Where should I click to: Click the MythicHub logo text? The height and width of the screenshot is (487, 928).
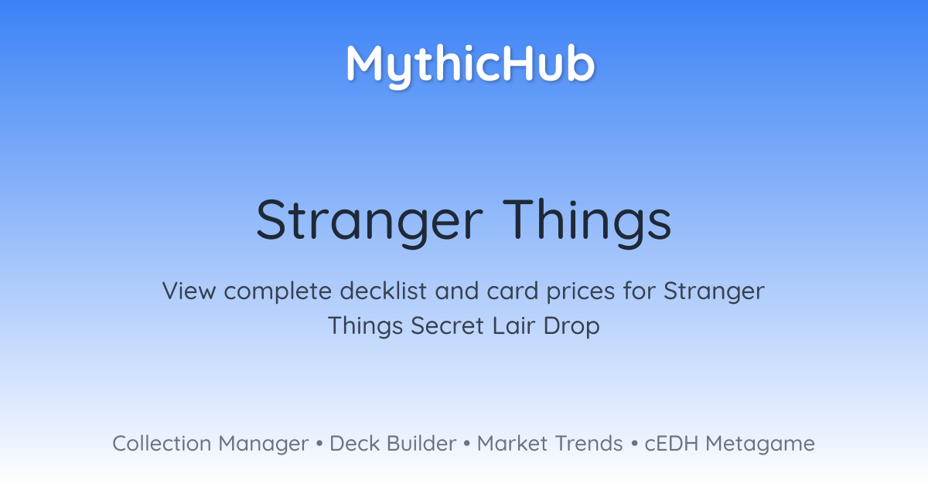tap(470, 63)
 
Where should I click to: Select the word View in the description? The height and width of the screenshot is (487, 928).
tap(190, 292)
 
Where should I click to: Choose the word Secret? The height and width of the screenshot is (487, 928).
tap(448, 325)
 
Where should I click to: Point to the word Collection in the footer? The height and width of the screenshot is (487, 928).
tap(161, 444)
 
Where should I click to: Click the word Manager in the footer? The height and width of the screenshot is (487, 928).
tap(263, 444)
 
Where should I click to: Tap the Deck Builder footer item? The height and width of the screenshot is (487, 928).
tap(393, 444)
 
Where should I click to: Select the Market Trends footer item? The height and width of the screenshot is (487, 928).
tap(550, 444)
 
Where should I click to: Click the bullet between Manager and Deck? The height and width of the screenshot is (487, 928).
tap(319, 444)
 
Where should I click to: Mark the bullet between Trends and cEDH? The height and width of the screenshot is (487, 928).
tap(633, 444)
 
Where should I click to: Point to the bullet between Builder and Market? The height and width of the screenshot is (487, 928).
tap(466, 444)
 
